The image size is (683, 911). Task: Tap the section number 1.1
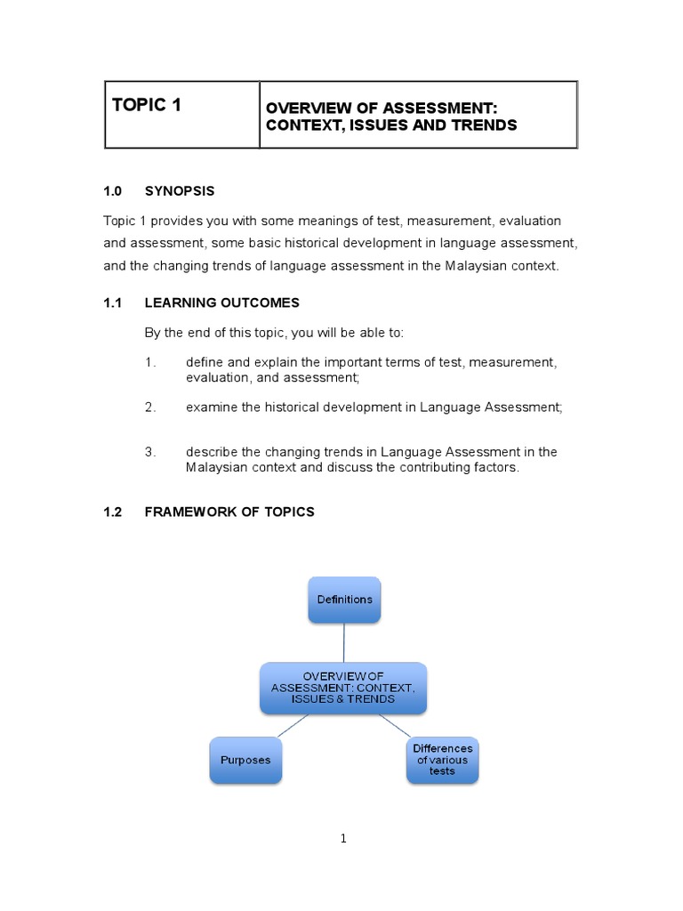point(112,303)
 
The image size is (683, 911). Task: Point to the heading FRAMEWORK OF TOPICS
point(229,512)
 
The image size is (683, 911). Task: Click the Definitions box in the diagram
point(344,600)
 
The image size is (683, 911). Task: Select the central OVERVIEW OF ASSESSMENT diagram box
point(343,688)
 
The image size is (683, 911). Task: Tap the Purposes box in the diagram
point(245,761)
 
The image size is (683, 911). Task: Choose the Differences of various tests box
point(442,760)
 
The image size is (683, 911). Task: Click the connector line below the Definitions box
point(344,642)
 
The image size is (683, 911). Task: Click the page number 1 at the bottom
point(342,839)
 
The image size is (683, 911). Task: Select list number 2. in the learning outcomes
point(150,407)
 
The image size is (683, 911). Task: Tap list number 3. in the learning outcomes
point(150,452)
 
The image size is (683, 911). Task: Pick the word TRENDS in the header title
point(482,125)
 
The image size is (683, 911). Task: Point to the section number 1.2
point(112,512)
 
